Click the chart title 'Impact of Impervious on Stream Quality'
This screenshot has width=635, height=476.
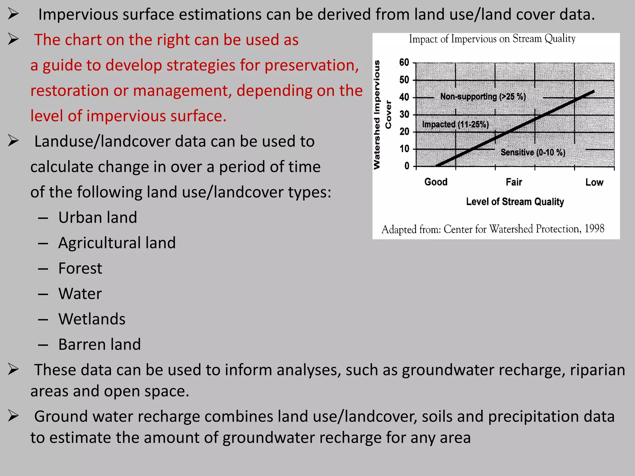[492, 39]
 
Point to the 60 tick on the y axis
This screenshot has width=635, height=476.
[404, 63]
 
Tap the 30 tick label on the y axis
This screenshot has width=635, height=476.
[404, 115]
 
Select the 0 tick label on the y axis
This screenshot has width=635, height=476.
[407, 166]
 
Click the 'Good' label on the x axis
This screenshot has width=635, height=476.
[436, 182]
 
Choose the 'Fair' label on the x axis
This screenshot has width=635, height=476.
[514, 182]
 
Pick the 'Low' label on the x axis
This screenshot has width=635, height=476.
[594, 182]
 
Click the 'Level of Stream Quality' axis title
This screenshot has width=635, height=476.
[515, 202]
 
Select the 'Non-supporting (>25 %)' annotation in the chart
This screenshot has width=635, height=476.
[483, 97]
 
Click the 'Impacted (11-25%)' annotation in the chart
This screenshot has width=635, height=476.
[455, 125]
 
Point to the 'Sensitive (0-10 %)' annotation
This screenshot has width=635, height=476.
[533, 152]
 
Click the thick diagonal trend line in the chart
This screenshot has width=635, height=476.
[515, 129]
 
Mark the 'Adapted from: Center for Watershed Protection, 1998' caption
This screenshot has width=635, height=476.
[492, 229]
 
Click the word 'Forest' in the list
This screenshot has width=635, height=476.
[80, 268]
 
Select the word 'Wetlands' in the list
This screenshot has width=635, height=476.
[92, 319]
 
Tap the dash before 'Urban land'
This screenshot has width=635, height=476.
[43, 218]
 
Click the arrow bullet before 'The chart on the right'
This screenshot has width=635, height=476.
[13, 40]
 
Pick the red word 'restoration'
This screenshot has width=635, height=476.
[69, 91]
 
